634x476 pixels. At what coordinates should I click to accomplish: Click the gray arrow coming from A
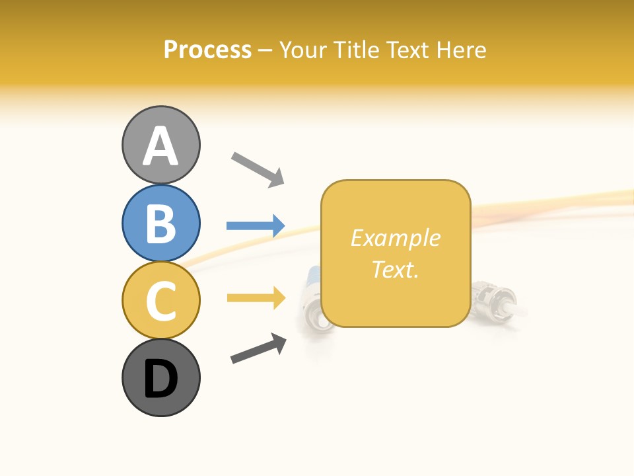(257, 169)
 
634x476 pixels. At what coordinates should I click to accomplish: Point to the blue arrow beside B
(255, 226)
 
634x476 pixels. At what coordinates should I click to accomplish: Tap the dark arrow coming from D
(258, 348)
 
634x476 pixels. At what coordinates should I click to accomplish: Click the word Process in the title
(207, 50)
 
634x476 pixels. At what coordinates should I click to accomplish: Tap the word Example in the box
(395, 238)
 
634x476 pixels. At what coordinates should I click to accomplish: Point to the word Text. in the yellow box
(395, 269)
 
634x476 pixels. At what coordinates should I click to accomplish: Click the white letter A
(160, 146)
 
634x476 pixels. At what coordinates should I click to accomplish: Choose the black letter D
(160, 379)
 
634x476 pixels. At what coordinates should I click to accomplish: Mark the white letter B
(160, 223)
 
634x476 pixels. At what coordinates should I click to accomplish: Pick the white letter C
(160, 300)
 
